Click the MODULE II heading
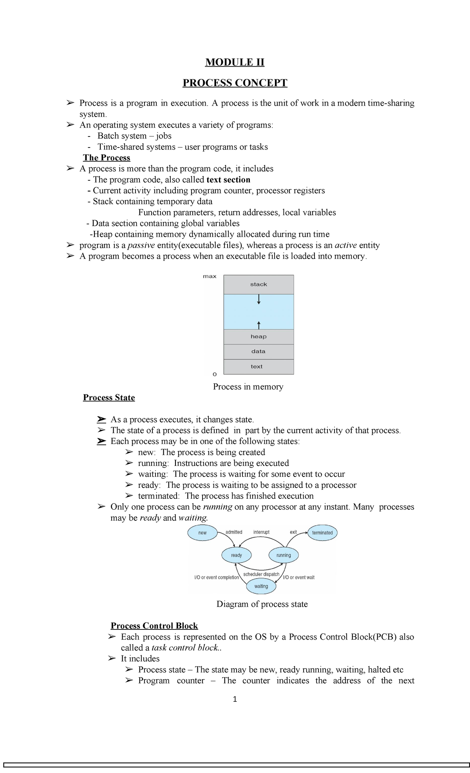click(x=235, y=62)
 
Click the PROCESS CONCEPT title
click(x=235, y=83)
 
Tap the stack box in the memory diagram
click(x=258, y=284)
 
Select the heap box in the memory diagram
click(x=258, y=336)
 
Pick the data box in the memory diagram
click(x=258, y=351)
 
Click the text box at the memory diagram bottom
click(x=257, y=367)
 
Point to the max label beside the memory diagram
click(x=210, y=276)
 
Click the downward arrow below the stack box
click(x=259, y=300)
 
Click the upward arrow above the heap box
click(x=259, y=325)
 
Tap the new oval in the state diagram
click(x=202, y=533)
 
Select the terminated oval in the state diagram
click(x=322, y=533)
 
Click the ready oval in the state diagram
click(x=237, y=555)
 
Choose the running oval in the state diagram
click(x=284, y=555)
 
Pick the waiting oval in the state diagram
click(x=261, y=586)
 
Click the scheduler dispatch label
click(x=261, y=574)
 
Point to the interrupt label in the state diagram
click(x=261, y=532)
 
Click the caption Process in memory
click(x=248, y=386)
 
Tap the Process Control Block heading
click(x=154, y=626)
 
